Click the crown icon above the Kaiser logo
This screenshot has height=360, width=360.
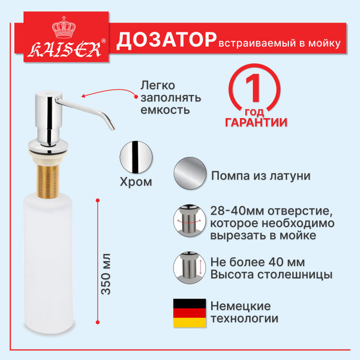(64, 27)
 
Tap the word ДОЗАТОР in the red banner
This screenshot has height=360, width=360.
(166, 41)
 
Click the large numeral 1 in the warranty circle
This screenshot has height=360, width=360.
(254, 88)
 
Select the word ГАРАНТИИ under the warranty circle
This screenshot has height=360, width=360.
(256, 122)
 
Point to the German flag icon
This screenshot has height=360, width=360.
(190, 313)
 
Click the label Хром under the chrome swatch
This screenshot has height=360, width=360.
(136, 182)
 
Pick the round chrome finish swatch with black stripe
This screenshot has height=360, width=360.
(136, 157)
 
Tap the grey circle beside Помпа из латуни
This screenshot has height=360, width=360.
(190, 173)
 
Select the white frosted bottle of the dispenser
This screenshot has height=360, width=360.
(48, 262)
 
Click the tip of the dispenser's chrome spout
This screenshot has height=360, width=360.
(113, 128)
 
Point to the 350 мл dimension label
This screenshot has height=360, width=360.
(106, 274)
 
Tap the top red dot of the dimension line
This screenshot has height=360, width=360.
(98, 200)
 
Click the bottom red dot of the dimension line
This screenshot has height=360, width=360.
(98, 322)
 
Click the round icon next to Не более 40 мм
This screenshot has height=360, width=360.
(190, 268)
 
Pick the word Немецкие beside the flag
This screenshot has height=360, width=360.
(241, 306)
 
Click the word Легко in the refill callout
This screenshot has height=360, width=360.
(158, 85)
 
